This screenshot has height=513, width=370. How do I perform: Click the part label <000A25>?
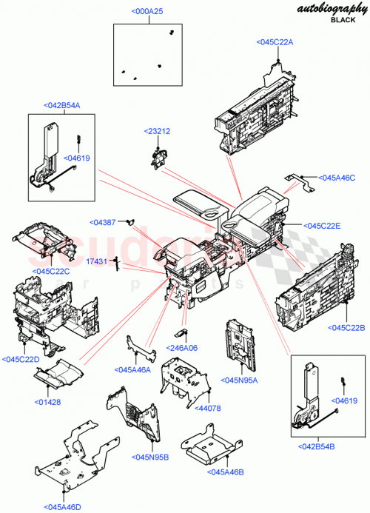point(148,12)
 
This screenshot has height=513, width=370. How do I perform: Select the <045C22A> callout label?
point(275,42)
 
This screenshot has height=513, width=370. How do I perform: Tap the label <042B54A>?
point(61,106)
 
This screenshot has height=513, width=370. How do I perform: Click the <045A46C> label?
point(337,178)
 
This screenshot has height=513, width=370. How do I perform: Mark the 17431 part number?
point(97,261)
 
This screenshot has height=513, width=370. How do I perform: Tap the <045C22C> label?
point(50,271)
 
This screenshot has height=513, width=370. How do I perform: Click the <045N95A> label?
point(239,380)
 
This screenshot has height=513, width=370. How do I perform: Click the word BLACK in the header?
point(343,21)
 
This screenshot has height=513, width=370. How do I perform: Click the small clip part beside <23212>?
point(158,157)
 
